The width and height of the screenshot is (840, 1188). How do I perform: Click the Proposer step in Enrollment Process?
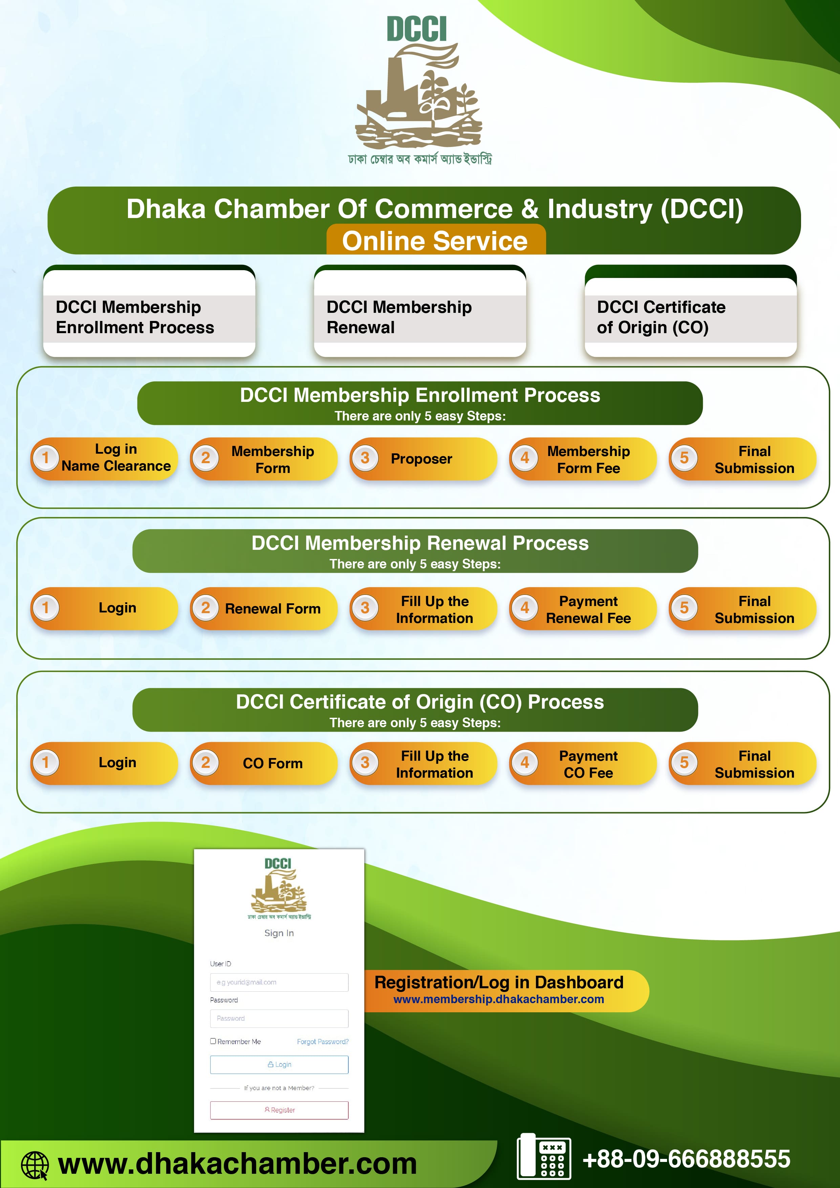point(422,459)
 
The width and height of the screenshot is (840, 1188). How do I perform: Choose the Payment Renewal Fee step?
point(583,609)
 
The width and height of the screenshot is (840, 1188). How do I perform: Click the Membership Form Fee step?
point(583,459)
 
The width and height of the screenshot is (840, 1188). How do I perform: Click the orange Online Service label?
point(435,241)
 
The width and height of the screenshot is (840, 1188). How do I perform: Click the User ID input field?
point(279,982)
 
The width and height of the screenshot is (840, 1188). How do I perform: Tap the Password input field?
point(279,1018)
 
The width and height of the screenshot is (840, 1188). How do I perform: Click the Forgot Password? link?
point(322,1041)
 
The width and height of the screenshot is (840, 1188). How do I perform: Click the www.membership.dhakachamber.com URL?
point(498,999)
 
